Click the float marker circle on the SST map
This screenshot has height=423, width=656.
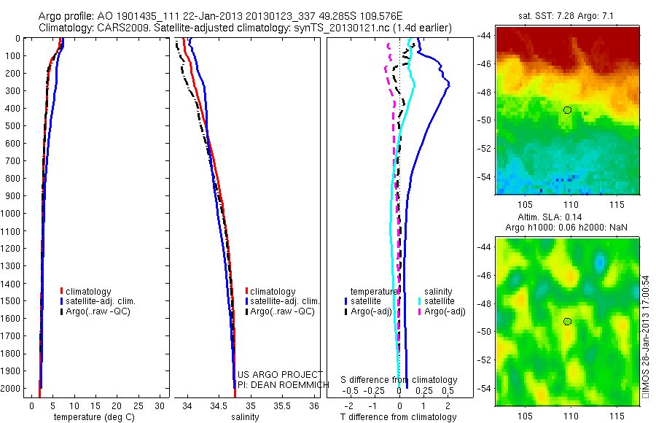point(567,110)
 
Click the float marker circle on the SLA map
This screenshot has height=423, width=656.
point(567,322)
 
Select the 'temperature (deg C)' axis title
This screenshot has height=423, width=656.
point(92,417)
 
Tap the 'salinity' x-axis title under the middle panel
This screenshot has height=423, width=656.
point(245,417)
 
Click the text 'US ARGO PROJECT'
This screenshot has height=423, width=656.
point(280,375)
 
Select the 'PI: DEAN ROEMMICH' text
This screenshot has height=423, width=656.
point(280,384)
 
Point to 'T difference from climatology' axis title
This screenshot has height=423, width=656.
point(399,417)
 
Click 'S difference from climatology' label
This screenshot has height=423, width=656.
point(399,380)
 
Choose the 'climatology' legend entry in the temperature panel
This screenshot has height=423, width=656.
point(89,292)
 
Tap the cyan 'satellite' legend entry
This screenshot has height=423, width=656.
point(440,300)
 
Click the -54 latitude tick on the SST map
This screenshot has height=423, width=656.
point(485,177)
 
